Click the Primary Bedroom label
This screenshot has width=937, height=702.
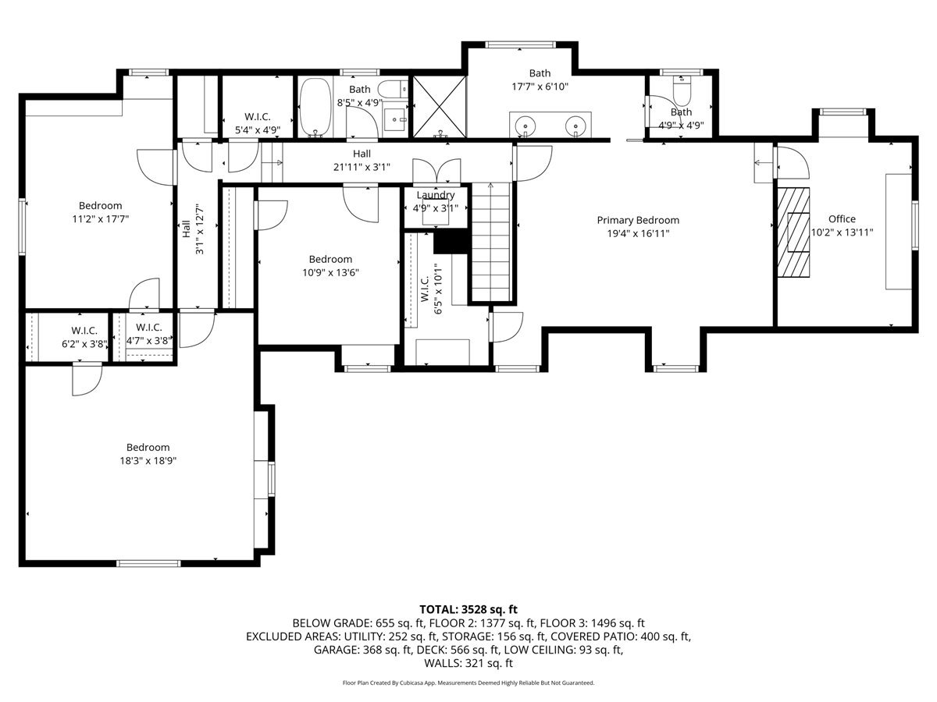pyautogui.click(x=638, y=221)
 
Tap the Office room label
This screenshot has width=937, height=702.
pyautogui.click(x=842, y=219)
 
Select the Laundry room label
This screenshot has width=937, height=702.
pyautogui.click(x=436, y=195)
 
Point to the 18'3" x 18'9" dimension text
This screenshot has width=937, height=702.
pyautogui.click(x=148, y=461)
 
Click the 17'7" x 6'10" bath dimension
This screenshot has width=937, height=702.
pyautogui.click(x=540, y=87)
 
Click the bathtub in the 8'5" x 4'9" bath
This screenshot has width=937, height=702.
pyautogui.click(x=315, y=107)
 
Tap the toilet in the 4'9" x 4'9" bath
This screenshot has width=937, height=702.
pyautogui.click(x=682, y=90)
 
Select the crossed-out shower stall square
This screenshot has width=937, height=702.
pyautogui.click(x=440, y=107)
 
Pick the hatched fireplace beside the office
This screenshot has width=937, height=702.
pyautogui.click(x=793, y=232)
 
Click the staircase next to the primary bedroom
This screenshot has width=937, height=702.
pyautogui.click(x=491, y=242)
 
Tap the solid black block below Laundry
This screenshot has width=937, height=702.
pyautogui.click(x=451, y=242)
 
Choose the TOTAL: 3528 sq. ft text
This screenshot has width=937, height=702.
pyautogui.click(x=468, y=609)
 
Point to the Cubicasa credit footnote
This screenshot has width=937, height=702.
pyautogui.click(x=468, y=682)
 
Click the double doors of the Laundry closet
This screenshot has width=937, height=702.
pyautogui.click(x=436, y=172)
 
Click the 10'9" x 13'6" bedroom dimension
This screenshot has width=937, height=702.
pyautogui.click(x=331, y=273)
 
